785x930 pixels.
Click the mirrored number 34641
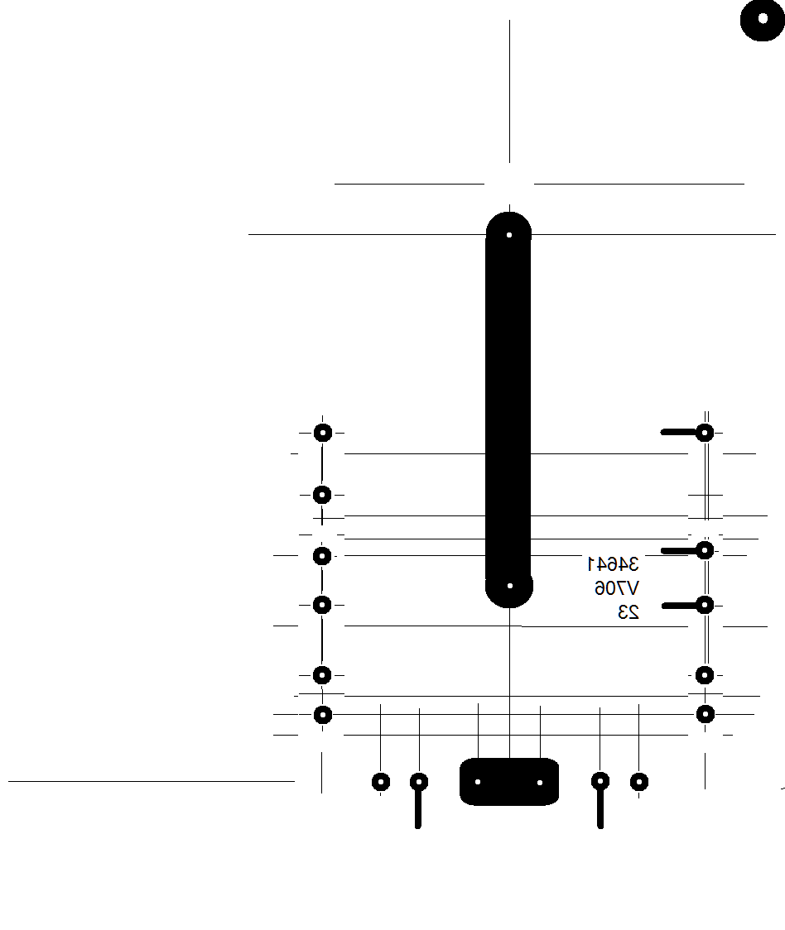pos(614,564)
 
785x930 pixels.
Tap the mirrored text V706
pos(617,588)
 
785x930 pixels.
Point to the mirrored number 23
pos(628,612)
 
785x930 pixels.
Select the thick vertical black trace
pos(508,410)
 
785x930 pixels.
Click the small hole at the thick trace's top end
pos(509,235)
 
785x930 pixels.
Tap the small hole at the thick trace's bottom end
pos(509,586)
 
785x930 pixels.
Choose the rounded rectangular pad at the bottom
pos(509,782)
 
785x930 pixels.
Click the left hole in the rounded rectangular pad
pos(478,782)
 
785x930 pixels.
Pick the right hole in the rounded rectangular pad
pos(540,783)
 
